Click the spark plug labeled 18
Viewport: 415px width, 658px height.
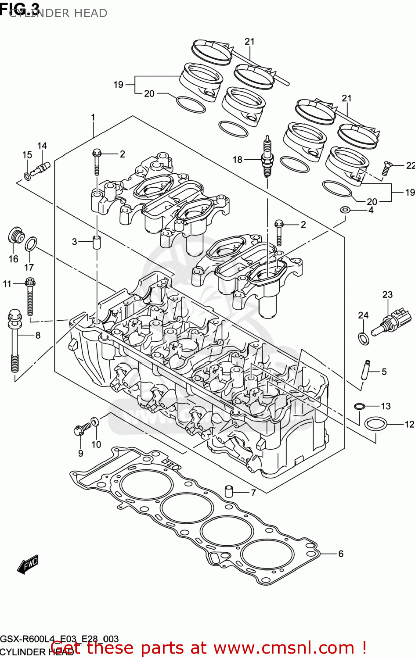(x=266, y=156)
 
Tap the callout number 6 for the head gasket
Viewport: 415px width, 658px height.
(x=341, y=554)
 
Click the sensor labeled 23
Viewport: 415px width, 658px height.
(x=392, y=322)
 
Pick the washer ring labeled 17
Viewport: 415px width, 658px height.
(x=31, y=244)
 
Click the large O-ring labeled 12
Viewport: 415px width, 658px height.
(x=376, y=424)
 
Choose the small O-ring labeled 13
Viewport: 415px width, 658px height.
(x=359, y=406)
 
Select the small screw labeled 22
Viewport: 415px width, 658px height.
(x=386, y=168)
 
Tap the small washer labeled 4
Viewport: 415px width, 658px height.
(x=345, y=210)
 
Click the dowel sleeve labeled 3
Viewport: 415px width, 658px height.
(x=96, y=242)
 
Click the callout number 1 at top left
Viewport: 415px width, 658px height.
(x=93, y=118)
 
